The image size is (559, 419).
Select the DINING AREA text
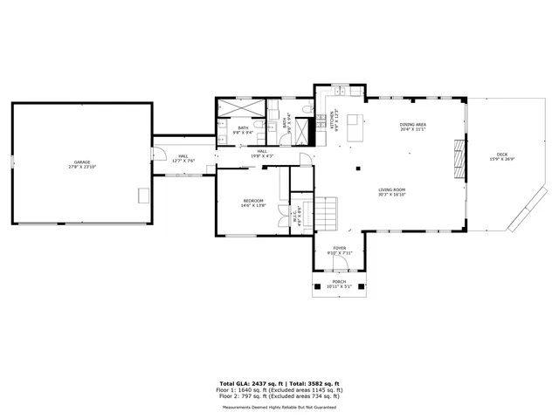pyautogui.click(x=412, y=125)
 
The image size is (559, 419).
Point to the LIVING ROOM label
pyautogui.click(x=391, y=189)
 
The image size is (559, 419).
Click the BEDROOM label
pyautogui.click(x=253, y=202)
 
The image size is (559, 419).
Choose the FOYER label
pyautogui.click(x=338, y=248)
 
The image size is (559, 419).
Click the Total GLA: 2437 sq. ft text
pyautogui.click(x=249, y=383)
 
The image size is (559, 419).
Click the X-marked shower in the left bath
pyautogui.click(x=242, y=110)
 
